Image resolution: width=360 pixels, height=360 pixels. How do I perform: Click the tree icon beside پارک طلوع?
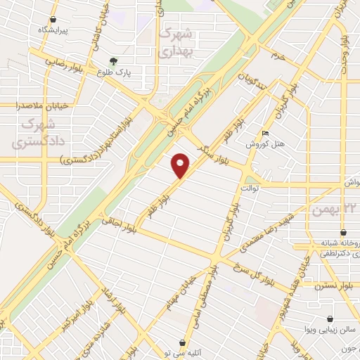pyautogui.click(x=112, y=60)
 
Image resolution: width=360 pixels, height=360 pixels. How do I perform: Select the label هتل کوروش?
pyautogui.click(x=267, y=143)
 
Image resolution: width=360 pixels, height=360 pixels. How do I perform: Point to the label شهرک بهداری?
pyautogui.click(x=175, y=42)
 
